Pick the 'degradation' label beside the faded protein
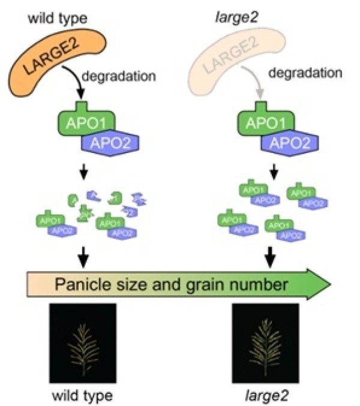pyautogui.click(x=305, y=73)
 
